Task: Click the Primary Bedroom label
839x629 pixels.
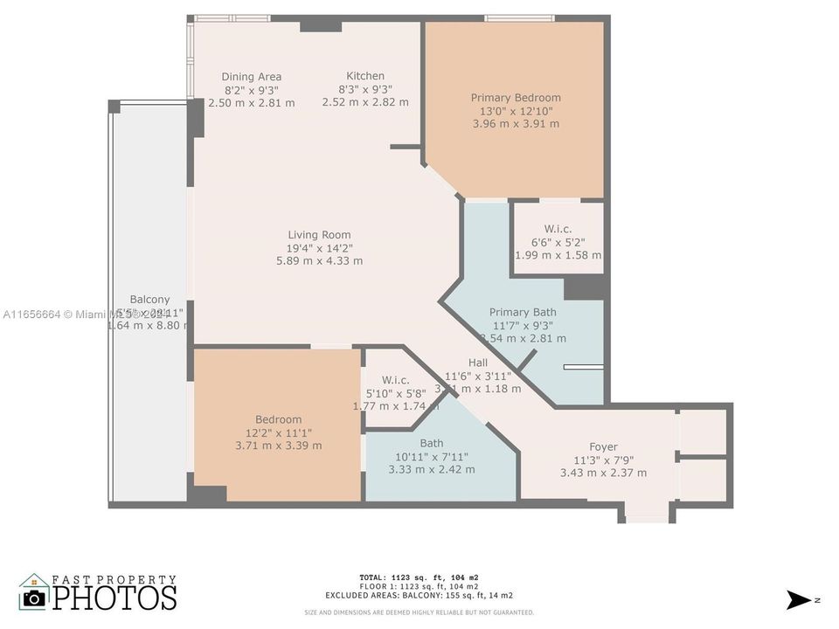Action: tap(516, 98)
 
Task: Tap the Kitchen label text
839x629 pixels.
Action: tap(364, 76)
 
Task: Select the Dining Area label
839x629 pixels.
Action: tap(251, 77)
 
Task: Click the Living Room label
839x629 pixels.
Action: tap(319, 234)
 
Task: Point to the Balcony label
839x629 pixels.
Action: tap(149, 299)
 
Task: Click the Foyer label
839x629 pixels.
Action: tap(603, 446)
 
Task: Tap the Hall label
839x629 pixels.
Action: tap(478, 363)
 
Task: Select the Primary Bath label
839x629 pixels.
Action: tap(523, 312)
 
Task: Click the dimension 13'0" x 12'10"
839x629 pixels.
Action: tap(516, 111)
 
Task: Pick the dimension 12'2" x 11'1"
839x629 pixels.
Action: tap(279, 432)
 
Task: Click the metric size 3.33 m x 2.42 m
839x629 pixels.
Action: tap(432, 469)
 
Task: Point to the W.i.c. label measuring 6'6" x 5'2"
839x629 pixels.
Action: tap(558, 229)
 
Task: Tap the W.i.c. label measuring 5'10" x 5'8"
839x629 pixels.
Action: tap(395, 380)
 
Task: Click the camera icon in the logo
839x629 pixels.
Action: tap(35, 597)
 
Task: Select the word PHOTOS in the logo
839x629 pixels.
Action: tap(114, 598)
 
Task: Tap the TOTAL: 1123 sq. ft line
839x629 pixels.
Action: tap(419, 577)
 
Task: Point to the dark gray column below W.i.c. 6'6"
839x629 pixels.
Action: tap(585, 287)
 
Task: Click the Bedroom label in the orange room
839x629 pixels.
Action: tap(279, 419)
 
